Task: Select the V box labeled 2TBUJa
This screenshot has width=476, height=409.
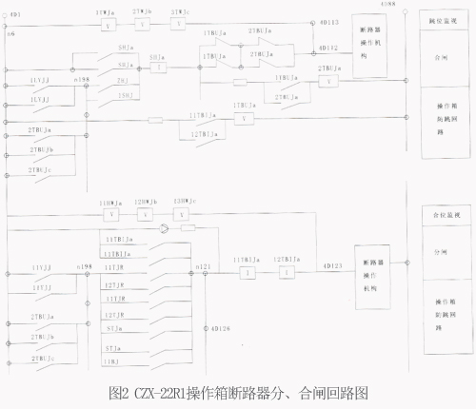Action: (x=329, y=82)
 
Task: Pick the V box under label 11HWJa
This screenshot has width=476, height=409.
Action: (x=108, y=215)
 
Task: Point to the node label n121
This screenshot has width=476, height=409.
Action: (x=202, y=267)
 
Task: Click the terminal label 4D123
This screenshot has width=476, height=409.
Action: (x=332, y=265)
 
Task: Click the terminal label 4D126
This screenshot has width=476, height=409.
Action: (x=218, y=329)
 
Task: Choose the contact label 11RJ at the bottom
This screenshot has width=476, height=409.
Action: (x=114, y=362)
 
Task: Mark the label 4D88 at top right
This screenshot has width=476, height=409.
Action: (x=387, y=6)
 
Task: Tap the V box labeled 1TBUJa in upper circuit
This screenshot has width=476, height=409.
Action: (x=246, y=118)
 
